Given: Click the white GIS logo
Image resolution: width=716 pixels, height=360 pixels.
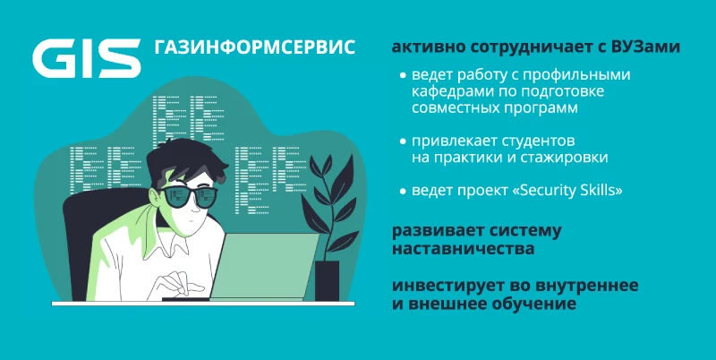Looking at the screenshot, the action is click(x=87, y=58).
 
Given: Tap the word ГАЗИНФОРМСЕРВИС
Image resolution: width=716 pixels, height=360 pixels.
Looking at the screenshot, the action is click(x=255, y=47).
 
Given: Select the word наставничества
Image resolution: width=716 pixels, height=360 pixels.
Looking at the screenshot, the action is click(x=463, y=250).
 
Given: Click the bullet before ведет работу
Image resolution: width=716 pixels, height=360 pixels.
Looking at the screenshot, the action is click(x=403, y=75).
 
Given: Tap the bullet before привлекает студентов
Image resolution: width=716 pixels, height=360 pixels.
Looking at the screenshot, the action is click(x=403, y=141).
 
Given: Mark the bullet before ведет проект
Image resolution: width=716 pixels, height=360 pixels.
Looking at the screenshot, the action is click(x=403, y=191).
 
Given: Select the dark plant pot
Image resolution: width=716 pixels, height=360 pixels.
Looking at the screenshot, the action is click(x=327, y=280).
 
